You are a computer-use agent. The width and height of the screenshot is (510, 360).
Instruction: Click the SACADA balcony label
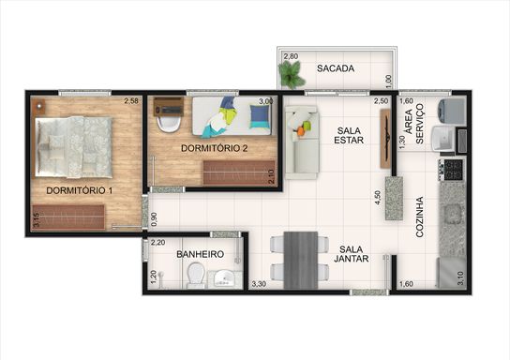tap(336, 68)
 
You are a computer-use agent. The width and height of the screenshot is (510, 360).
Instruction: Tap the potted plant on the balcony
tap(292, 75)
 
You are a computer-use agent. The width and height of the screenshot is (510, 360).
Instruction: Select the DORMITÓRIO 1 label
tap(80, 190)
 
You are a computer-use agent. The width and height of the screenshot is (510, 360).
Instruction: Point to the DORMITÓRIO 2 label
tap(215, 148)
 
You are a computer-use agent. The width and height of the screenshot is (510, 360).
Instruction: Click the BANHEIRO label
tap(200, 254)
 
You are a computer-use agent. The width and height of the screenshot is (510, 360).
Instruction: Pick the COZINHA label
tap(420, 217)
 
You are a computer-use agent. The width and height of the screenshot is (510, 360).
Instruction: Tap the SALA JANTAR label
tap(351, 254)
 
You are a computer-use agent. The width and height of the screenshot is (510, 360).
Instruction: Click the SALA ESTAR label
tap(349, 135)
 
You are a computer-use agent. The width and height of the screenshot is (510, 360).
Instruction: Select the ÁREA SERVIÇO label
tap(414, 124)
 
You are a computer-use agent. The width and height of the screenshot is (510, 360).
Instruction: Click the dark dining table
tap(301, 261)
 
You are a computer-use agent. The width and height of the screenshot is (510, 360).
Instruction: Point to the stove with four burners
tap(452, 170)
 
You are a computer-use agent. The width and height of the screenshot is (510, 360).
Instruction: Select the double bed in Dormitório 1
tap(73, 147)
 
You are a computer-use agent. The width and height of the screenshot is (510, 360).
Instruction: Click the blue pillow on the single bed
tap(260, 116)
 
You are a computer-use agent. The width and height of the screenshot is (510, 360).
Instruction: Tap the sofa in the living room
tap(302, 142)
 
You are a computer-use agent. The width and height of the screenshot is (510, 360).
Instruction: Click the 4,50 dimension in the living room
tap(377, 198)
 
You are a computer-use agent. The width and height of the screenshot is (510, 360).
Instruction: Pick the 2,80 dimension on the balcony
tap(291, 56)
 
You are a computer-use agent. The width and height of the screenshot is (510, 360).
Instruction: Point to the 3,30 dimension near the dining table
tap(259, 284)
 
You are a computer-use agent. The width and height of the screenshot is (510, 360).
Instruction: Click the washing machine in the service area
tap(452, 112)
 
